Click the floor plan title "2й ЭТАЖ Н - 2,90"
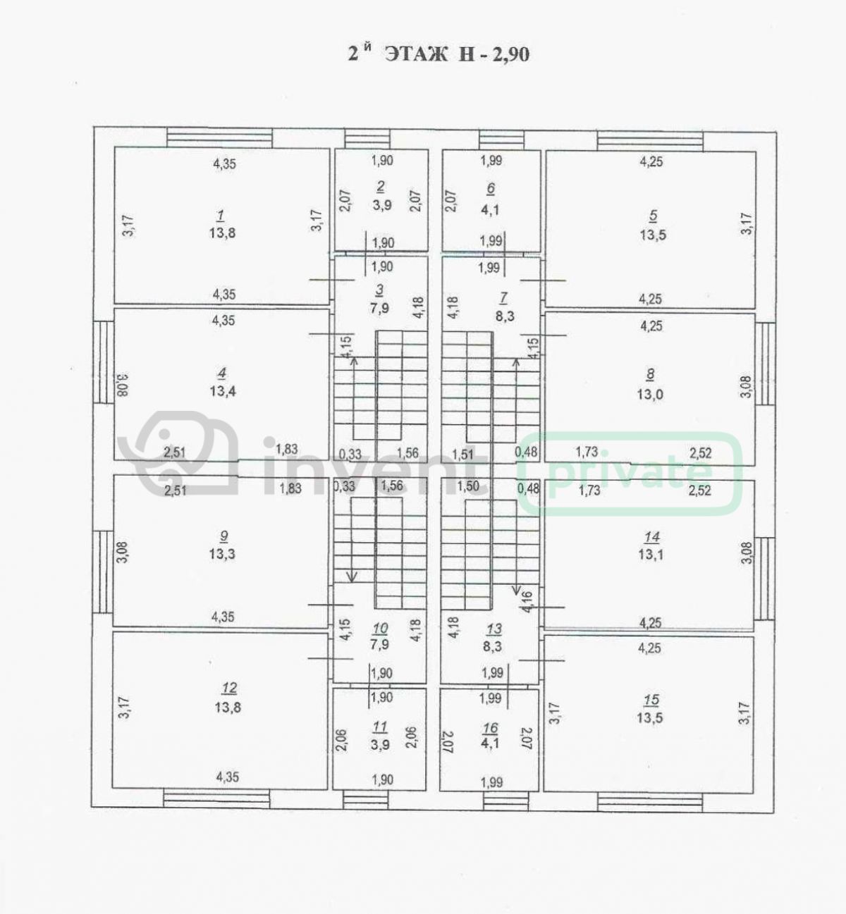pyautogui.click(x=439, y=54)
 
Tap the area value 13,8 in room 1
pyautogui.click(x=223, y=233)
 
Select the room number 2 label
pyautogui.click(x=381, y=187)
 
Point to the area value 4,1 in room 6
pyautogui.click(x=490, y=210)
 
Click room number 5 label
pyautogui.click(x=653, y=216)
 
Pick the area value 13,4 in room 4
pyautogui.click(x=223, y=391)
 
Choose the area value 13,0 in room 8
pyautogui.click(x=650, y=395)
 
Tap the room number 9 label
pyautogui.click(x=223, y=536)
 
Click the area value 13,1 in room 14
pyautogui.click(x=650, y=555)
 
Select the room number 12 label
pyautogui.click(x=229, y=688)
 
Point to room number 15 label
pyautogui.click(x=651, y=700)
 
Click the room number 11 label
pyautogui.click(x=380, y=727)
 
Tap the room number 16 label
pyautogui.click(x=491, y=728)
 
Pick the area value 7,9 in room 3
pyautogui.click(x=379, y=308)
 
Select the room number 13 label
pyautogui.click(x=494, y=629)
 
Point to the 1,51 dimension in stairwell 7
pyautogui.click(x=462, y=455)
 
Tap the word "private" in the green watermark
pyautogui.click(x=630, y=473)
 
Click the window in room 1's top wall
pyautogui.click(x=220, y=138)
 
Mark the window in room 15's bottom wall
pyautogui.click(x=650, y=802)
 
